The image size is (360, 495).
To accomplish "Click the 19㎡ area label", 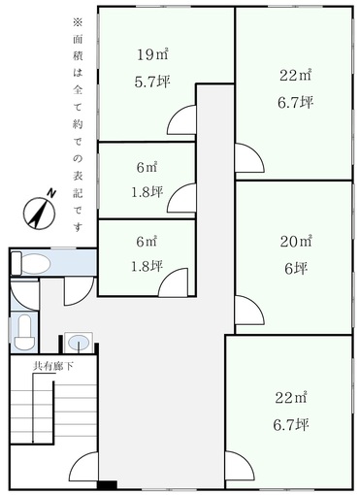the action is pyautogui.click(x=152, y=54).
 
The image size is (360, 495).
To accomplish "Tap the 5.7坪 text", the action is pyautogui.click(x=152, y=82).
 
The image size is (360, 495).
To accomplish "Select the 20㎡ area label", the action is pyautogui.click(x=296, y=242).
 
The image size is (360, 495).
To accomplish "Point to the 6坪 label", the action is pyautogui.click(x=296, y=269).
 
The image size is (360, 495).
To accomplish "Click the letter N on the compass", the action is pyautogui.click(x=51, y=193).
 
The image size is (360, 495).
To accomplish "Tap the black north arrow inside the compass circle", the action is pyautogui.click(x=39, y=214).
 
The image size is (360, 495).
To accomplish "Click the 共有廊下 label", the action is pyautogui.click(x=53, y=366).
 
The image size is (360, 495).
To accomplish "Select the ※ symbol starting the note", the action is pyautogui.click(x=78, y=22).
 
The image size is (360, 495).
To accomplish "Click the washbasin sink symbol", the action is pyautogui.click(x=79, y=342).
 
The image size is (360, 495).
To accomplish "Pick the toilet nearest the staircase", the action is pyautogui.click(x=24, y=332).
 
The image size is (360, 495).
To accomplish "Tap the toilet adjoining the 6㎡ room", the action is pyautogui.click(x=31, y=263).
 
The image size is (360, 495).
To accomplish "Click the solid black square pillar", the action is pyautogui.click(x=107, y=485).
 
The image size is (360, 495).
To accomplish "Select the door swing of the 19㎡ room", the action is pyautogui.click(x=181, y=120).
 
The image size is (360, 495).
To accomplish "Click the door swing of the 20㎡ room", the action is pyautogui.click(x=249, y=310).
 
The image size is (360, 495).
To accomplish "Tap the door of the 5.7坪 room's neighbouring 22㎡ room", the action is pyautogui.click(x=249, y=157).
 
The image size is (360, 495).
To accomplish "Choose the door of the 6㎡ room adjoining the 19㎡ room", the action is pyautogui.click(x=181, y=198).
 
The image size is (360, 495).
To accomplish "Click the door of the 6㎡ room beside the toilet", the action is pyautogui.click(x=173, y=282).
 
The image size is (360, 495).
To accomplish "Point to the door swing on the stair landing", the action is pyautogui.click(x=84, y=467).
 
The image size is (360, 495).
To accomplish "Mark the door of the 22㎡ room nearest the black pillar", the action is pyautogui.click(x=240, y=466).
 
